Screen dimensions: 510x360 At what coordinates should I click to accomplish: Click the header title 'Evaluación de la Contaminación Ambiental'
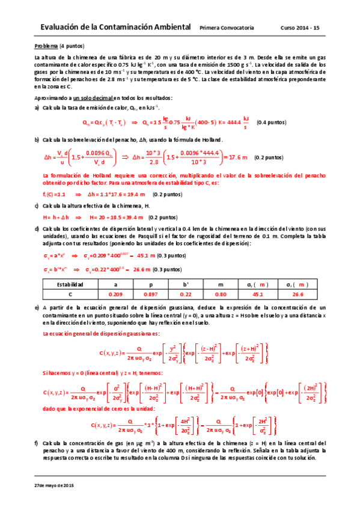[113, 28]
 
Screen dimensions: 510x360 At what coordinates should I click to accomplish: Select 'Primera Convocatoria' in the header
[227, 28]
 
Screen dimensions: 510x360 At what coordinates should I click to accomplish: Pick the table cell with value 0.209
[116, 295]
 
